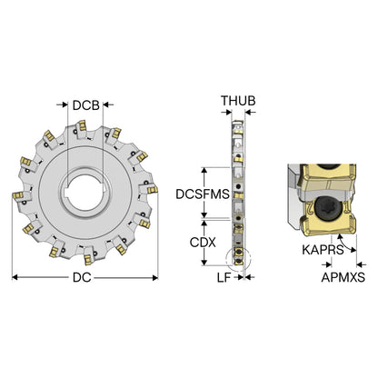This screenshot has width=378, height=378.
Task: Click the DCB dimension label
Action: click(86, 105)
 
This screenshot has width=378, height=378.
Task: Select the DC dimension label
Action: click(82, 277)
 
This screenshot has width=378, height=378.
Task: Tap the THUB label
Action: click(238, 101)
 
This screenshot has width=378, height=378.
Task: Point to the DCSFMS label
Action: click(203, 194)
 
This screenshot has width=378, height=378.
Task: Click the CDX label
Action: click(203, 243)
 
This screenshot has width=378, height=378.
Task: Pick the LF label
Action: click(224, 277)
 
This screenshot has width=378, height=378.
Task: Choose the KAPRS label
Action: click(323, 250)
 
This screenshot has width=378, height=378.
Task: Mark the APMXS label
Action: click(343, 277)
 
